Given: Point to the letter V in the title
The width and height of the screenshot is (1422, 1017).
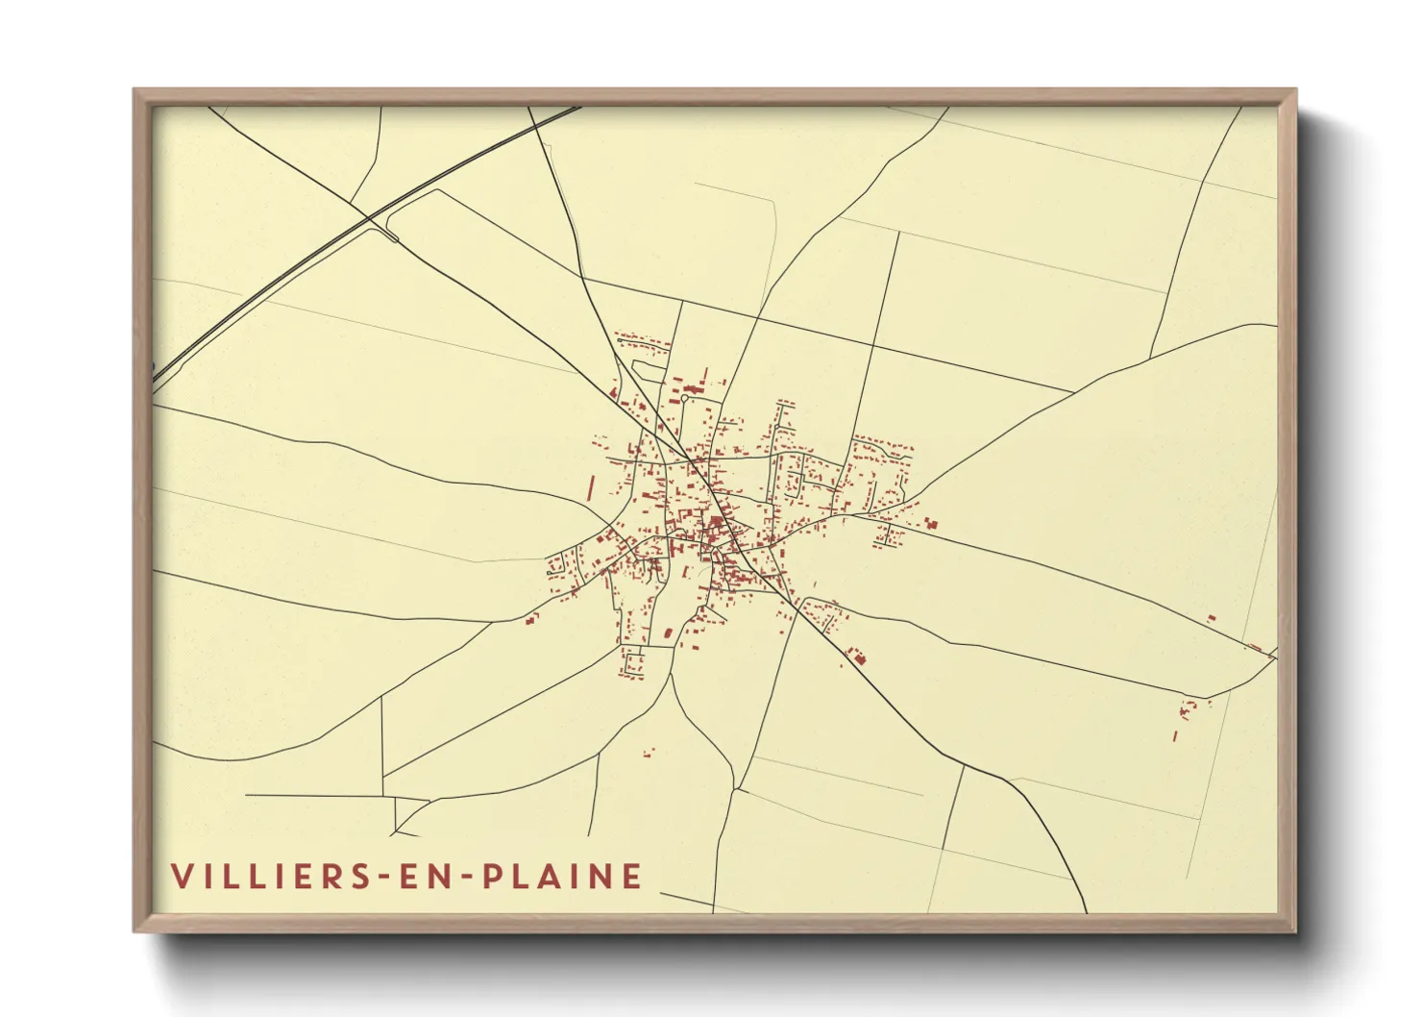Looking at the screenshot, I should pyautogui.click(x=182, y=876).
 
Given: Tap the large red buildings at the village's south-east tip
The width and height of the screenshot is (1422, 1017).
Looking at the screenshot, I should pyautogui.click(x=855, y=657).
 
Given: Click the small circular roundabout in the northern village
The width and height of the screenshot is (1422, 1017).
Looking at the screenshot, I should pyautogui.click(x=683, y=397).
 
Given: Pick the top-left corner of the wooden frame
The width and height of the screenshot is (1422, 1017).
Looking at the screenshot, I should pyautogui.click(x=135, y=91).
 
